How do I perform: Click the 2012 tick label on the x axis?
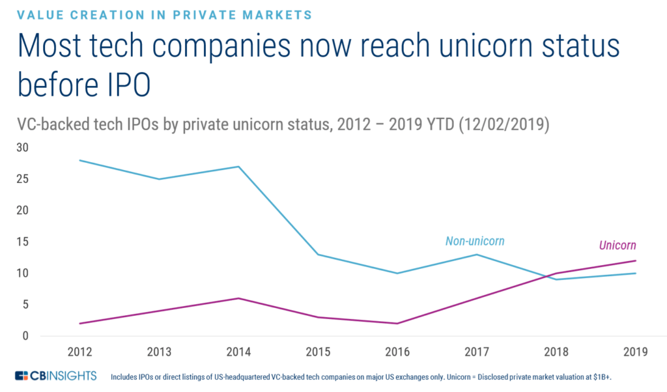point(79,352)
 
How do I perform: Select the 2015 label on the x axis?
point(318,352)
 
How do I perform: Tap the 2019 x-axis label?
point(636,352)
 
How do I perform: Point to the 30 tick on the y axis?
point(22,148)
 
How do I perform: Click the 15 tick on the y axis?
point(22,242)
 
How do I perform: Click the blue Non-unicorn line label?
point(475,242)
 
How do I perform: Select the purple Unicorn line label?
point(617,245)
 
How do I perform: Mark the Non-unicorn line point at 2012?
point(79,160)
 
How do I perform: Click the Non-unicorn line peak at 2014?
point(238,167)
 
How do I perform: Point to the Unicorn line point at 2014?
point(238,298)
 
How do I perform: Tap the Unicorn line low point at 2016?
point(397,324)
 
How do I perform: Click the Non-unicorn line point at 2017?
point(477,254)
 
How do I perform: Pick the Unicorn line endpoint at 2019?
point(636,260)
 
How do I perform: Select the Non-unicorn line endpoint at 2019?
point(636,273)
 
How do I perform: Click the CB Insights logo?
point(55,376)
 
